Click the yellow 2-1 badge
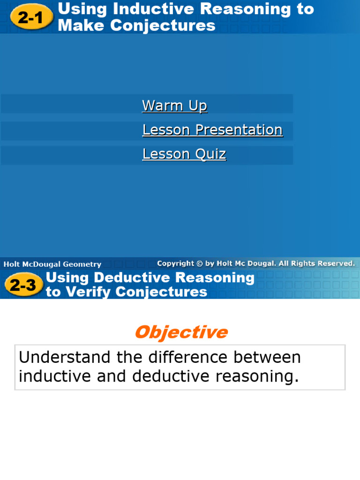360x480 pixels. click(x=30, y=18)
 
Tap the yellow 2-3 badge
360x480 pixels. click(x=23, y=285)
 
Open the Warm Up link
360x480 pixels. click(x=174, y=105)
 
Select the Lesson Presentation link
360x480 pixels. click(x=212, y=130)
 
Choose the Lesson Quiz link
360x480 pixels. click(x=184, y=154)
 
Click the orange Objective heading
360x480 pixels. click(x=181, y=332)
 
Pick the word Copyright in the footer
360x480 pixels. click(x=176, y=263)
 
